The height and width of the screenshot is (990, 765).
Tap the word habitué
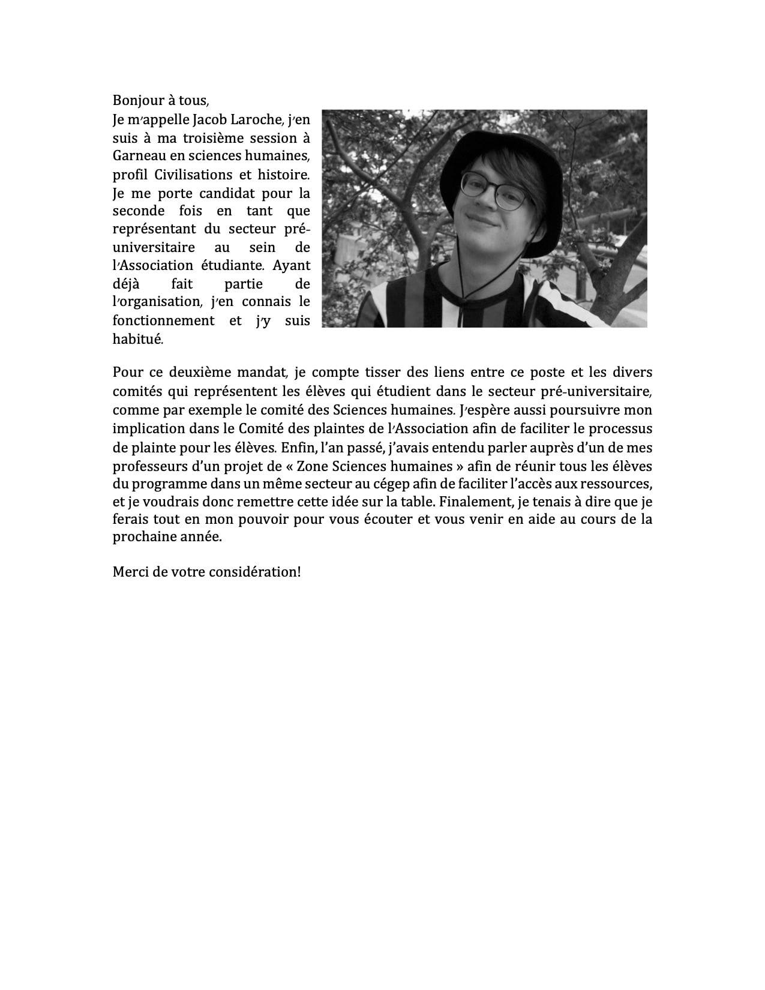[137, 339]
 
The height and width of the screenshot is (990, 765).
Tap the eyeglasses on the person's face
[497, 191]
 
